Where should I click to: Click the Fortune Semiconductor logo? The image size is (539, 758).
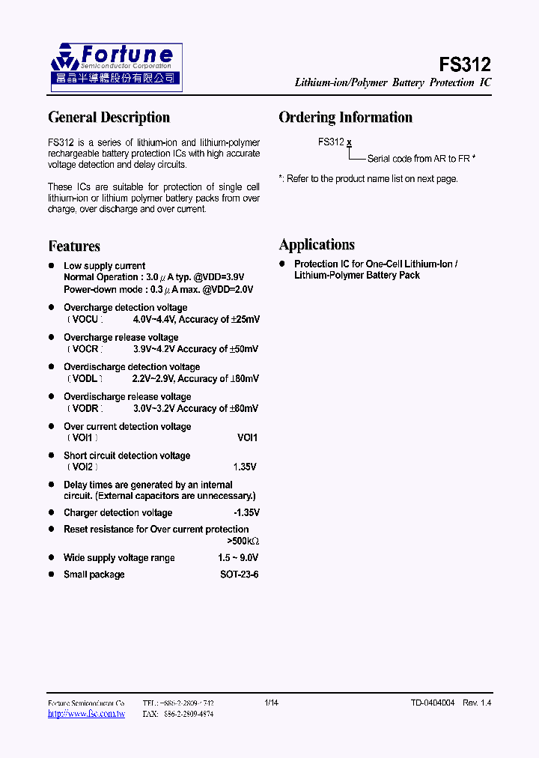coord(115,67)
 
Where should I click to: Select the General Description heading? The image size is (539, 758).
coord(109,118)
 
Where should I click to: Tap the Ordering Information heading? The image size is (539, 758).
coord(345,118)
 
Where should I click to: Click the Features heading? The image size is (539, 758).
coord(74,246)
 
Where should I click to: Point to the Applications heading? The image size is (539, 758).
coord(317,245)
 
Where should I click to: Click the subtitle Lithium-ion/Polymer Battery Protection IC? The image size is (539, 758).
coord(392,83)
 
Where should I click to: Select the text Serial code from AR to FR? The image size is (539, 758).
coord(421,159)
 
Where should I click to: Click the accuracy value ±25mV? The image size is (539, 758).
coord(246,320)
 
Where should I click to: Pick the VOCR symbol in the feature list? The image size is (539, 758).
coord(85,349)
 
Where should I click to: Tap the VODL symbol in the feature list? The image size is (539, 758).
coord(85,379)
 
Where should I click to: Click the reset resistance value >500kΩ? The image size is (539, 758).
coord(243,542)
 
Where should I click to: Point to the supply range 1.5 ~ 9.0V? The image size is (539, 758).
coord(238,558)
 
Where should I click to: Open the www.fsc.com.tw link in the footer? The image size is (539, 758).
coord(86,714)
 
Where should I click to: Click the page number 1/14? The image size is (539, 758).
coord(271,703)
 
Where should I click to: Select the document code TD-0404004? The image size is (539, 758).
coord(432,703)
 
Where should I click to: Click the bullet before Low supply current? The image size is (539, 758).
coord(52,266)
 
